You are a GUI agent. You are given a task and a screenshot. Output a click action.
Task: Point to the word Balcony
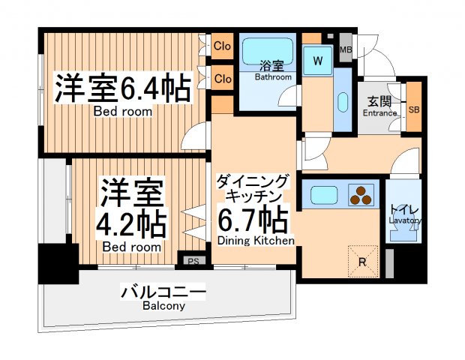[x=163, y=306]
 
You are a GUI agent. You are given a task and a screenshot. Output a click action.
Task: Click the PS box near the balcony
[x=193, y=261]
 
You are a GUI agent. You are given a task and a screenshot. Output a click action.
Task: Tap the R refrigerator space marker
[x=362, y=262]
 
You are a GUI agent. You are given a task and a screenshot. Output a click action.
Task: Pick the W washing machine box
[x=318, y=61]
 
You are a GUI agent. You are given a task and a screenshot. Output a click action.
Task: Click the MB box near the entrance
[x=346, y=50]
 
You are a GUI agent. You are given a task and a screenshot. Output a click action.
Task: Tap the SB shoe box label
[x=413, y=109]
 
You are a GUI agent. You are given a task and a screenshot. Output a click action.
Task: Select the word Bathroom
[x=273, y=77]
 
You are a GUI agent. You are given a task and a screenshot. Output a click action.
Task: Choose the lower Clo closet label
[x=222, y=79]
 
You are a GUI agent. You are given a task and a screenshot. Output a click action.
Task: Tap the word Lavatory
[x=405, y=220]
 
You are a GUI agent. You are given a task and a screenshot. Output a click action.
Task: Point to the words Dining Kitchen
[x=255, y=240]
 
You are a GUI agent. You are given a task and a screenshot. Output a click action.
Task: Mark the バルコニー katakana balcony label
[x=163, y=292]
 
